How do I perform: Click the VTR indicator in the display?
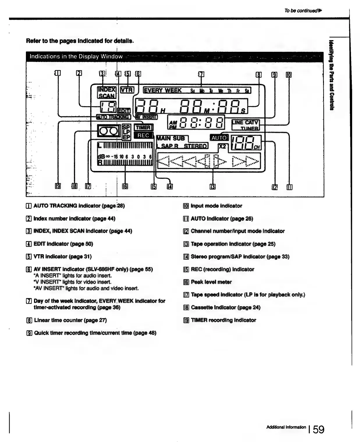(x=127, y=90)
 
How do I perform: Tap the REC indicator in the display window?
(x=143, y=135)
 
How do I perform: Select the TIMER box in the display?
(x=143, y=127)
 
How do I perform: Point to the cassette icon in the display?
(x=109, y=131)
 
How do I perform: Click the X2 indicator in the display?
(x=222, y=147)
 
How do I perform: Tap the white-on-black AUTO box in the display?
(x=219, y=138)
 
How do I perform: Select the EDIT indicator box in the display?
(x=124, y=110)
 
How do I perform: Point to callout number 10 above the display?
(x=289, y=74)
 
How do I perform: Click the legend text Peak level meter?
(x=211, y=282)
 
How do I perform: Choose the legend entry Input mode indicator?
(x=216, y=206)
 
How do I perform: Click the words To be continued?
(x=301, y=11)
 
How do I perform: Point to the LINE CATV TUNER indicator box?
(x=245, y=125)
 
